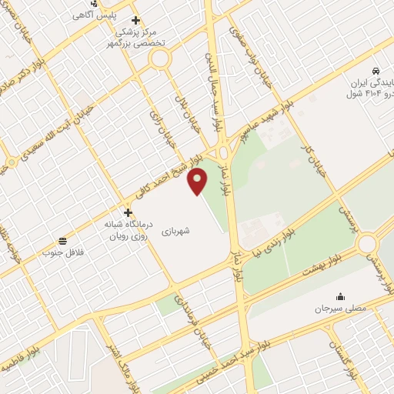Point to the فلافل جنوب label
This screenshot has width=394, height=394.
pyautogui.click(x=62, y=252)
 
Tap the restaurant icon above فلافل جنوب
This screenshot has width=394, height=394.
pyautogui.click(x=62, y=239)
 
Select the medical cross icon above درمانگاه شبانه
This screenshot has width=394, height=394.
pyautogui.click(x=128, y=212)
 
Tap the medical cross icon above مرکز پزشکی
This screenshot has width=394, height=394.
pyautogui.click(x=136, y=20)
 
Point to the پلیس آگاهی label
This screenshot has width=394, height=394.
pyautogui.click(x=100, y=15)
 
